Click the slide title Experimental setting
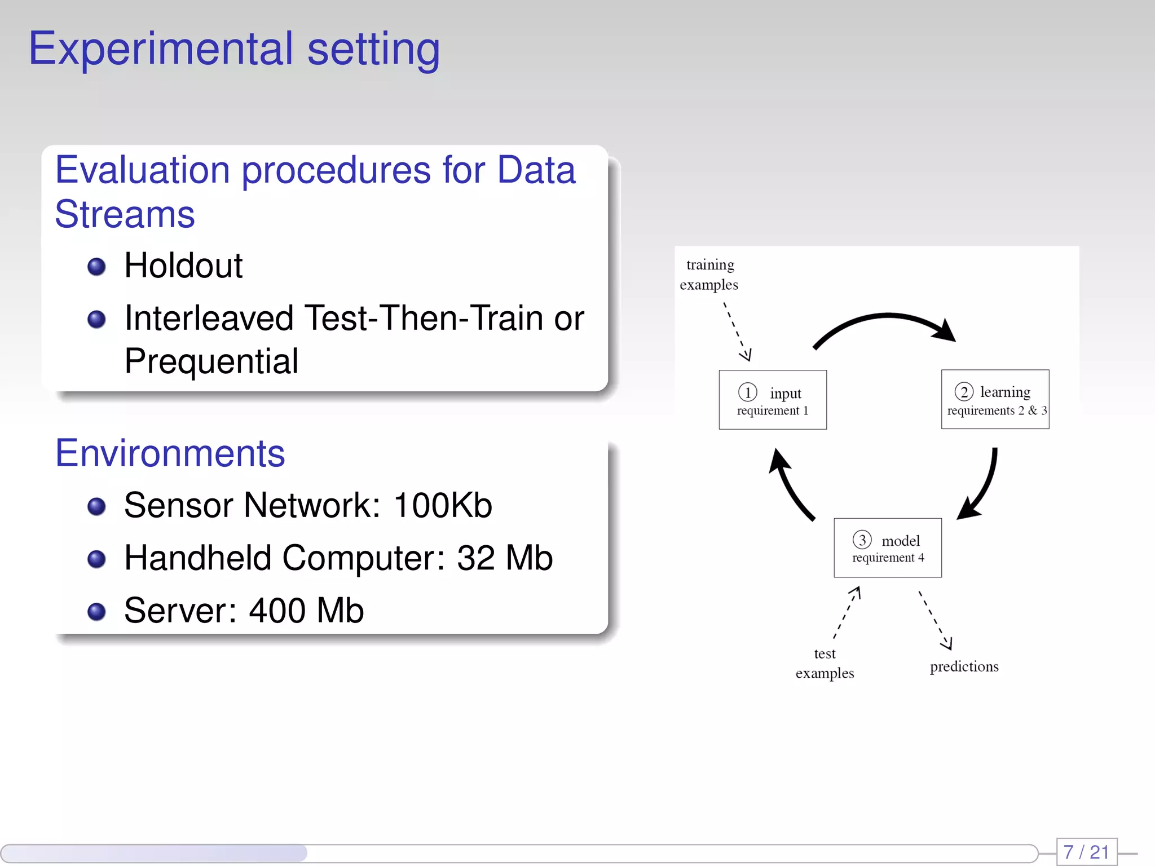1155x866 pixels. click(234, 50)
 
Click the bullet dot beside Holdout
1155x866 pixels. click(96, 266)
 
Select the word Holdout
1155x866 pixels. click(183, 266)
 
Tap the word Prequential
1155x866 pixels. click(211, 361)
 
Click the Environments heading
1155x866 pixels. click(170, 453)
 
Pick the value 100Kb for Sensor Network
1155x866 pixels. click(443, 505)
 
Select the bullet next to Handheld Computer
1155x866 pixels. click(96, 559)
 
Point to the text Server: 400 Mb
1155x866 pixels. click(244, 611)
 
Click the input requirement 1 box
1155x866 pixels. click(772, 400)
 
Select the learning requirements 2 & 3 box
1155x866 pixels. click(995, 400)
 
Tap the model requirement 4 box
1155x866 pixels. click(888, 548)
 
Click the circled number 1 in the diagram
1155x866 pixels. click(747, 392)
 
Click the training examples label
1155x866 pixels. click(709, 275)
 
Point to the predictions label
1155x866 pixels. click(964, 666)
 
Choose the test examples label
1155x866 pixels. click(825, 664)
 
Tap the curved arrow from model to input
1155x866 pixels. click(790, 485)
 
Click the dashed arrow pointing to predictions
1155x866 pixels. click(935, 620)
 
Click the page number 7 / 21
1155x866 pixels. click(1086, 852)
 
